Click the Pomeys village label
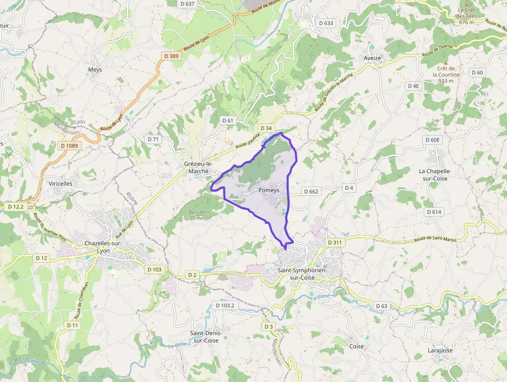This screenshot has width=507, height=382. (x=269, y=190)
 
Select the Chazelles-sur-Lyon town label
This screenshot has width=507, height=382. (x=103, y=247)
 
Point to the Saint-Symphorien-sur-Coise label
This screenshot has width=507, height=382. (x=303, y=274)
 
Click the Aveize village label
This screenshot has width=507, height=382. (x=372, y=58)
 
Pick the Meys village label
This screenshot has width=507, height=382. (x=95, y=69)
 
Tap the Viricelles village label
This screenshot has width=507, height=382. (x=61, y=183)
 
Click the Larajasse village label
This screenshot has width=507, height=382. (x=440, y=350)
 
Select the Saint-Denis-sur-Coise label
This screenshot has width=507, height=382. (x=204, y=336)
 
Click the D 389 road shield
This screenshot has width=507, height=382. (x=171, y=55)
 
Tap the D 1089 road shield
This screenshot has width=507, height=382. (x=69, y=146)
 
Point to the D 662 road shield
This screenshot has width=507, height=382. (x=311, y=191)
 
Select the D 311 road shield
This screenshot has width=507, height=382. (x=335, y=242)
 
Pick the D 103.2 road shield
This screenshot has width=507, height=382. (x=225, y=305)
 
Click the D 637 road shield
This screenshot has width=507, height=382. (x=188, y=4)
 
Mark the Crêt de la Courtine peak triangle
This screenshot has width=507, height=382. (x=445, y=63)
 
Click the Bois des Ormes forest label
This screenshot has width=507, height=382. (x=198, y=215)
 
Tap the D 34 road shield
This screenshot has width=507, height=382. (x=266, y=128)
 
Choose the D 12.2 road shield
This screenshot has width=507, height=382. (x=17, y=207)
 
